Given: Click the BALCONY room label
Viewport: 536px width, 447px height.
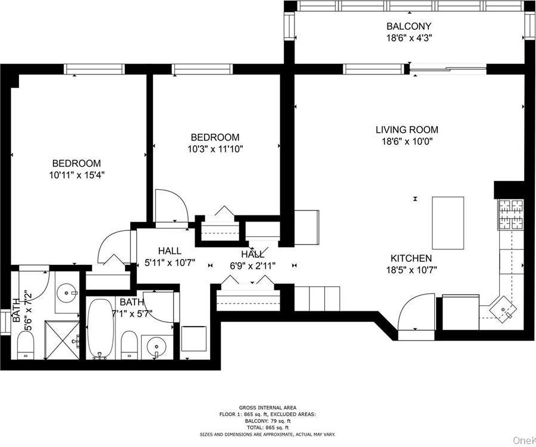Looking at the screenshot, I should pyautogui.click(x=408, y=26).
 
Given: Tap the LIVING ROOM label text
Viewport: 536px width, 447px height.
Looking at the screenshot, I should pyautogui.click(x=407, y=130).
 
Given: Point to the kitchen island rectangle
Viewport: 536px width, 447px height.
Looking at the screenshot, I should pyautogui.click(x=447, y=223).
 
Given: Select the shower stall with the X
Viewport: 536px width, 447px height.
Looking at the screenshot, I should pyautogui.click(x=62, y=340).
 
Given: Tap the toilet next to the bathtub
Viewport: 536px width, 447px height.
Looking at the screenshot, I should pyautogui.click(x=129, y=345).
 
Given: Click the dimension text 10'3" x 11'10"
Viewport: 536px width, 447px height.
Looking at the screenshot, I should pyautogui.click(x=215, y=149).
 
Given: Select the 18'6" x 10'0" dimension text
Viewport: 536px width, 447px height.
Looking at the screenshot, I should pyautogui.click(x=407, y=142).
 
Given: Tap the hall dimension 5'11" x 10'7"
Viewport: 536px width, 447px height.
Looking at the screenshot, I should pyautogui.click(x=170, y=262).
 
